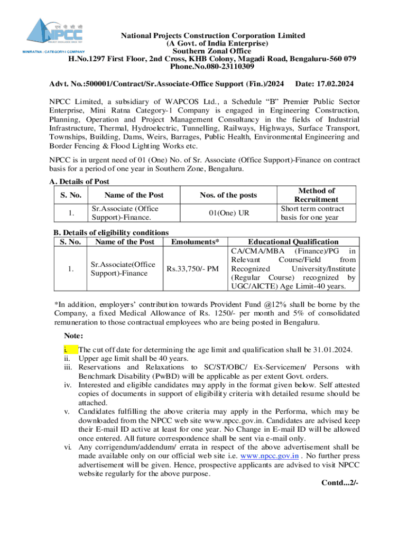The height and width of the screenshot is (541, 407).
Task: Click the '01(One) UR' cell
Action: click(228, 212)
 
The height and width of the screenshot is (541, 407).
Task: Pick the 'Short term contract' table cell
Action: click(312, 212)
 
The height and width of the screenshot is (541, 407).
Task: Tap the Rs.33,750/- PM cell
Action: click(192, 269)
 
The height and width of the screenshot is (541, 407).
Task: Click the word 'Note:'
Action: click(73, 335)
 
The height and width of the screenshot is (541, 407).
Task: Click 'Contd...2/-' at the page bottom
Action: click(340, 483)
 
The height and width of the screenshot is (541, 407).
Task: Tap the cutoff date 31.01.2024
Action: click(330, 350)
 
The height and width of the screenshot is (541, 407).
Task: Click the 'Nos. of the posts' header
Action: click(228, 195)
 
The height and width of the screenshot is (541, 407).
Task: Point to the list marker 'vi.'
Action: click(68, 446)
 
